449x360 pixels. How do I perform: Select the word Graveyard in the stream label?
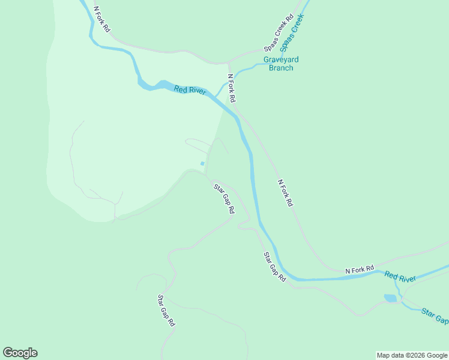coord(281,60)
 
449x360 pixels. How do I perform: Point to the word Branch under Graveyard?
coord(281,68)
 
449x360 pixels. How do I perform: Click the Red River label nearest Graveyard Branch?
coord(190,91)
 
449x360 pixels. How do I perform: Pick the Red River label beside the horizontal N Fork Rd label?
coord(400,277)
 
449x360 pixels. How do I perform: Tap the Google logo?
coord(20,353)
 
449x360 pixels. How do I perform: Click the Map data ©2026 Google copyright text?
coord(412,355)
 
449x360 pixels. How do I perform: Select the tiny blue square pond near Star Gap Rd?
coord(202,163)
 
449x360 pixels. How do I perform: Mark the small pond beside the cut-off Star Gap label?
coord(390,298)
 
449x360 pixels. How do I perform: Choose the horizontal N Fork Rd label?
coord(360,270)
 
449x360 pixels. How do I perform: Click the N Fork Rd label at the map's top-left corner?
coord(103,20)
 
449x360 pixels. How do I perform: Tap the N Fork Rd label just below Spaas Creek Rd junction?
coord(232,88)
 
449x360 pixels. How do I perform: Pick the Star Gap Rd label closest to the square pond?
coord(224,199)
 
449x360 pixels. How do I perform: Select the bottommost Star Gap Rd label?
coord(166,310)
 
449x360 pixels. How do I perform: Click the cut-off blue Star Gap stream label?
coord(435,316)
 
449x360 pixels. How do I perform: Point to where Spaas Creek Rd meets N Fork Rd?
coord(229,62)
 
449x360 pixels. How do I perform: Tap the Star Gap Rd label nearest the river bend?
coord(274,267)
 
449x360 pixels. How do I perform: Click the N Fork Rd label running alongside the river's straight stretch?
coord(285,193)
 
